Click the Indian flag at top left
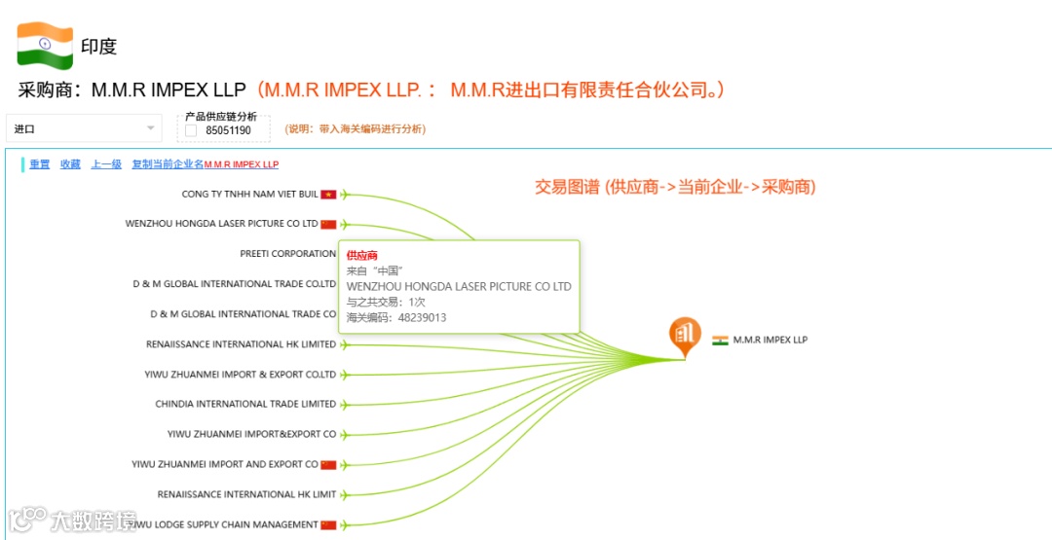click(45, 46)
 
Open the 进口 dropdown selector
click(84, 128)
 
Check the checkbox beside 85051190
click(192, 129)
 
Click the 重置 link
click(40, 164)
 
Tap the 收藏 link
click(70, 164)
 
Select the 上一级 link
click(106, 164)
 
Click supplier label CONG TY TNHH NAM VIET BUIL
click(249, 194)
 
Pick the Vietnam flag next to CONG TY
click(328, 195)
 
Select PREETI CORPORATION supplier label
click(287, 254)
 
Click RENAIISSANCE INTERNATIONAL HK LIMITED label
click(241, 344)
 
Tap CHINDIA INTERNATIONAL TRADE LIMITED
click(245, 404)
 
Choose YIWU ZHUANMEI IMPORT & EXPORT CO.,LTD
click(240, 375)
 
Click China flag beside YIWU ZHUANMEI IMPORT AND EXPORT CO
click(328, 465)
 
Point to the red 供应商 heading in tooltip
click(361, 255)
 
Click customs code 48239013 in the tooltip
click(422, 317)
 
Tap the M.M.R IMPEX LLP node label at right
click(770, 340)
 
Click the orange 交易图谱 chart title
click(674, 187)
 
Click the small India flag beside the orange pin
click(720, 341)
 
